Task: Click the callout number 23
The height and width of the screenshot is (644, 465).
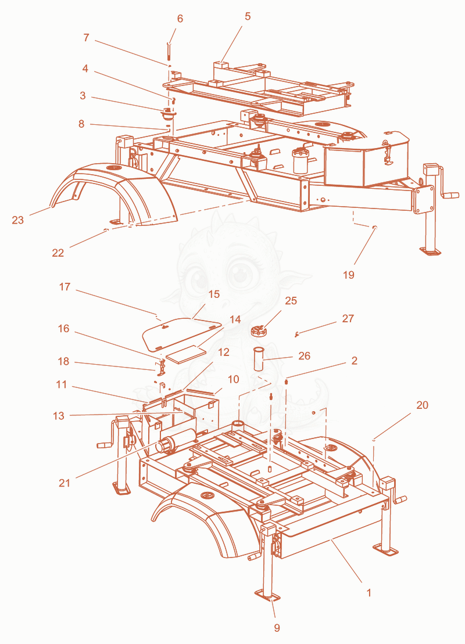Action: (17, 220)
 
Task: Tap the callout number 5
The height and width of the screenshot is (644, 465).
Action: (248, 16)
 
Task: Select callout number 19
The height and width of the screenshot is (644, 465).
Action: (349, 275)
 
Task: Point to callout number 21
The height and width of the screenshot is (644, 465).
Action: (65, 483)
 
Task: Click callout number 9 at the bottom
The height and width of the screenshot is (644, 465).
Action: (277, 628)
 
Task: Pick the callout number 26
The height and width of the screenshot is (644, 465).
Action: (304, 355)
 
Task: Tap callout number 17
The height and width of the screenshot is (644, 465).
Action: (65, 287)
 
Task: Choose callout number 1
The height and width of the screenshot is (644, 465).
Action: (369, 593)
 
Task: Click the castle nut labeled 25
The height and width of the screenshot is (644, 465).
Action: (259, 330)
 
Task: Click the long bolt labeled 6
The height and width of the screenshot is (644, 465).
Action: (169, 51)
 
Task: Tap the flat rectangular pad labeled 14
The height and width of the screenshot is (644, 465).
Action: (185, 354)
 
